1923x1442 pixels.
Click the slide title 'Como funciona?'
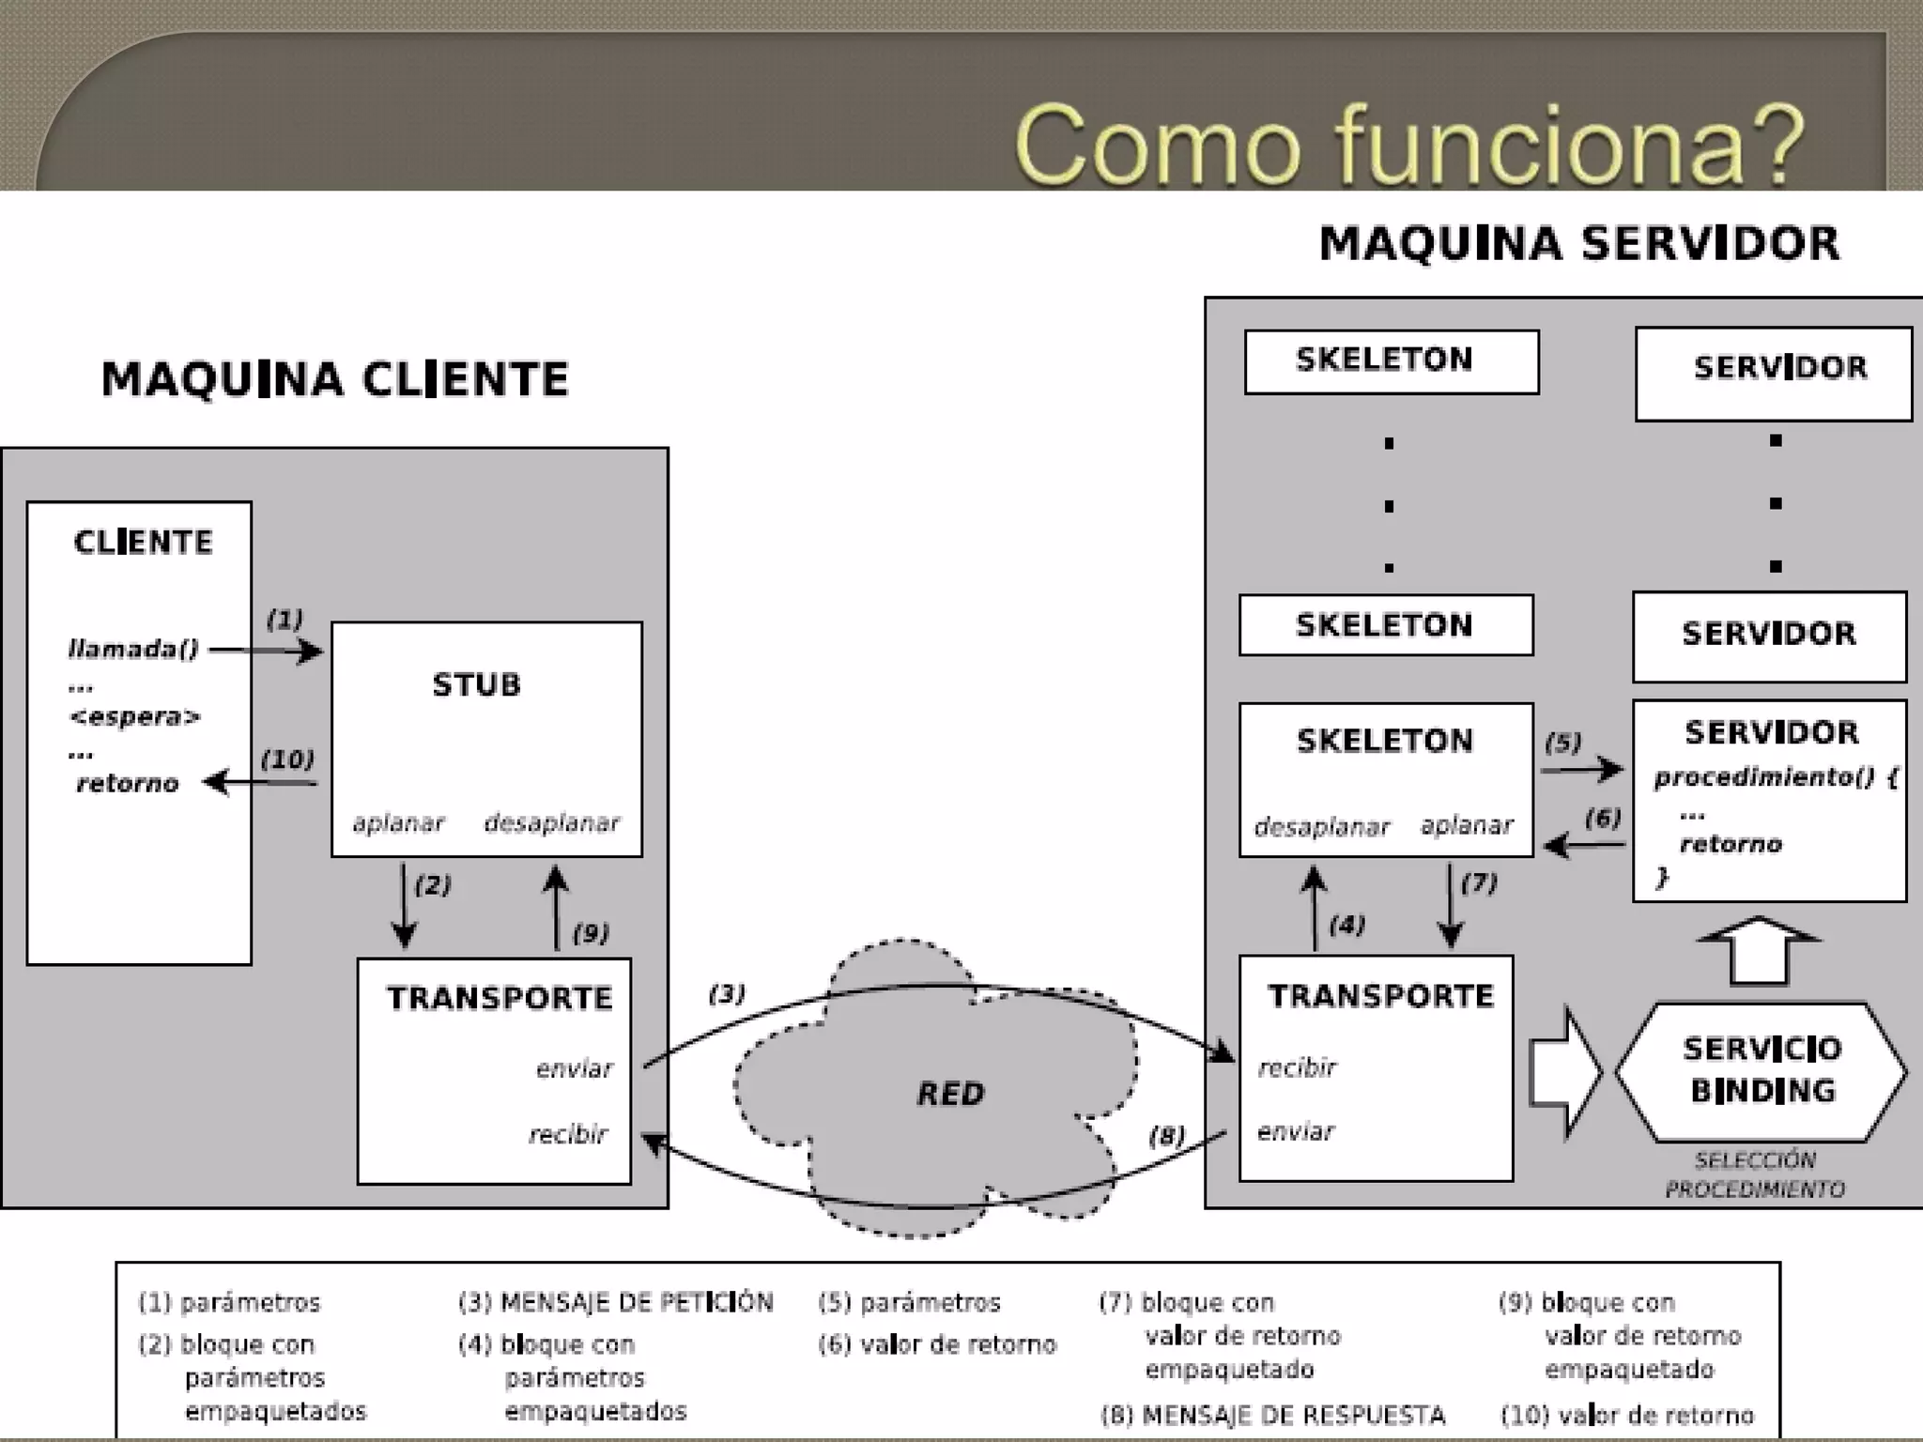1408,146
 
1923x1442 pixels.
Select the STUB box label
476,684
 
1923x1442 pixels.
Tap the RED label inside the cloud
950,1094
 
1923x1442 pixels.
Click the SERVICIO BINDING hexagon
1761,1070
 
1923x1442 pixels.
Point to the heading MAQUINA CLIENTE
335,379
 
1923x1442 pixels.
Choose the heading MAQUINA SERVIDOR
1579,243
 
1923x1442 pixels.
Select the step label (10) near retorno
287,759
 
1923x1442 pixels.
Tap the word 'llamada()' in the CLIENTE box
133,649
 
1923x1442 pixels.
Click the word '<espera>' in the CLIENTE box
135,717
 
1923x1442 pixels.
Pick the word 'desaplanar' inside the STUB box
551,823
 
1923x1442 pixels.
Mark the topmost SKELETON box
1391,361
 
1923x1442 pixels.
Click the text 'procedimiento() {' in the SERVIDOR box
1776,777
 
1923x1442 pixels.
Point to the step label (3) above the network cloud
727,993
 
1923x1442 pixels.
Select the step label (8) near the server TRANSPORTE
1166,1136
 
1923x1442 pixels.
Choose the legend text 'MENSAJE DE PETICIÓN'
637,1302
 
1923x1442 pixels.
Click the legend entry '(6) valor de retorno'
937,1344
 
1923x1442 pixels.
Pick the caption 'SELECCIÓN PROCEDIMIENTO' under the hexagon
1754,1174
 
